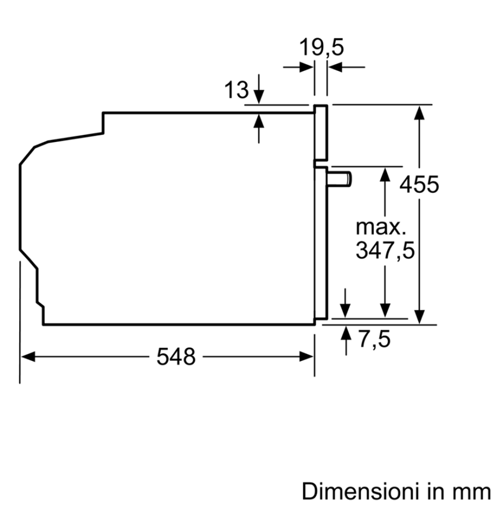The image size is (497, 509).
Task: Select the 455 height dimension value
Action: coord(419,185)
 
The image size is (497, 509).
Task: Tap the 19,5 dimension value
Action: coord(321,47)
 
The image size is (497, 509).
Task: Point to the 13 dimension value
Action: coord(237,91)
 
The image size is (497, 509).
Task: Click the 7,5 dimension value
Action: coord(375,340)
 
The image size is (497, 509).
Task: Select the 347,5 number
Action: coord(385,250)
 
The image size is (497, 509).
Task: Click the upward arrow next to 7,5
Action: coord(346,334)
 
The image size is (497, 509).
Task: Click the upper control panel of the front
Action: coord(321,132)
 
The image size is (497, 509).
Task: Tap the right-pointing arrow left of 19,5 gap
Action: coord(305,67)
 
